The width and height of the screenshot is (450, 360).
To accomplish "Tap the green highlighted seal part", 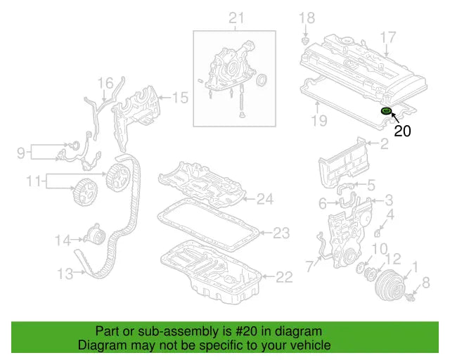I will [x=385, y=111].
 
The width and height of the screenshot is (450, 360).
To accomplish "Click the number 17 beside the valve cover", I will [x=388, y=37].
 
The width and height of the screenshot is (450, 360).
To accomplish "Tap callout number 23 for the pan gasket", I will [x=281, y=232].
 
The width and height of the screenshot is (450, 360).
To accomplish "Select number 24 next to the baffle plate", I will [x=264, y=200].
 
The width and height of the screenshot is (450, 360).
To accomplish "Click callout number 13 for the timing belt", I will [x=65, y=274].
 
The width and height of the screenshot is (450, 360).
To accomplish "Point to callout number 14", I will [x=63, y=240].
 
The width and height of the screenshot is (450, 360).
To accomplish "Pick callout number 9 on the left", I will [x=20, y=151].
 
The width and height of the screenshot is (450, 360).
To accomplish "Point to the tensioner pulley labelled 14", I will [x=93, y=234].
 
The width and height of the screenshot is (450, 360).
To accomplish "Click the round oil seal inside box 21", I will [x=261, y=81].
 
